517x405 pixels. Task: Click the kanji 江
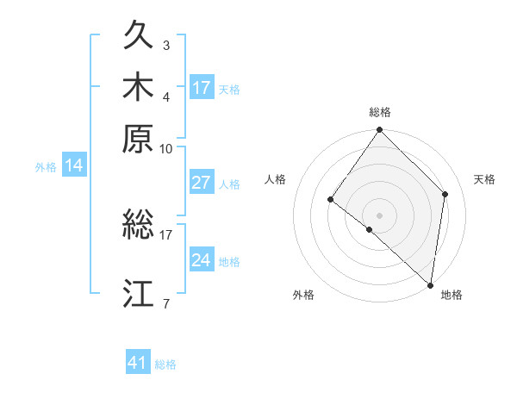coord(139,293)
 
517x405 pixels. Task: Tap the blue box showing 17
coord(202,88)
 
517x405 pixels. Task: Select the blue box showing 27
coord(202,183)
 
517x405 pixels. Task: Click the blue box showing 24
coord(202,260)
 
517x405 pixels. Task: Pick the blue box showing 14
coord(74,166)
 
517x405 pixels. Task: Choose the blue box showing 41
coord(138,363)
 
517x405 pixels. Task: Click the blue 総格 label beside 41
coord(165,364)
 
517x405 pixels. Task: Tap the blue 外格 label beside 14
coord(46,167)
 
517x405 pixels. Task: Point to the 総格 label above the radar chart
coord(380,112)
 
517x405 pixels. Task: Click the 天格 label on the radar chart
coord(484,179)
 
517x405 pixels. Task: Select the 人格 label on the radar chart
coord(275,179)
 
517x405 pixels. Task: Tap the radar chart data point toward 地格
coord(430,284)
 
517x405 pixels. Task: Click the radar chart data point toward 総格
coord(380,130)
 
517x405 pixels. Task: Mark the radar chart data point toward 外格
coord(369,229)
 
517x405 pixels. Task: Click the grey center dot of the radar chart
coord(380,215)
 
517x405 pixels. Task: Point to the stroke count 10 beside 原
coord(166,148)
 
